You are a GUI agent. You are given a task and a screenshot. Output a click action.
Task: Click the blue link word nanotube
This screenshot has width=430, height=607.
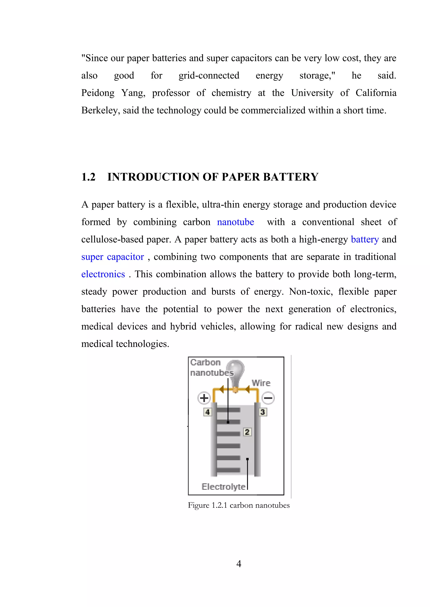point(235,222)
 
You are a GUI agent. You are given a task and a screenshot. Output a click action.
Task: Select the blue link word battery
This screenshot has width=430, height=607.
point(365,239)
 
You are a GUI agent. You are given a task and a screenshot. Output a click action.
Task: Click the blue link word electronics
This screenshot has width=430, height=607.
point(103,274)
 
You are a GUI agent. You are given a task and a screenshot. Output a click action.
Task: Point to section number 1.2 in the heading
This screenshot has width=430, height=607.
point(88,177)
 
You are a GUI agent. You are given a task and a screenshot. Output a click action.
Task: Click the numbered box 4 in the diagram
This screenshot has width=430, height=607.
point(208,412)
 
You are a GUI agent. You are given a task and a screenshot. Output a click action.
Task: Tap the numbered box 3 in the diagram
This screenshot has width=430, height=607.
point(263,412)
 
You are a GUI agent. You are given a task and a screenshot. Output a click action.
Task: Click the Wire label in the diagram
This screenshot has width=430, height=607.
point(261,383)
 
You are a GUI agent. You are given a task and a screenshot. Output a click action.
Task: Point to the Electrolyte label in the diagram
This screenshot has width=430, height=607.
point(223,487)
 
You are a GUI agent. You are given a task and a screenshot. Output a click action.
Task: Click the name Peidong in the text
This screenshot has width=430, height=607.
point(98,93)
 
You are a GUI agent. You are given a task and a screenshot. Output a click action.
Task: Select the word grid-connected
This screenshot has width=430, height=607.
point(209,76)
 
